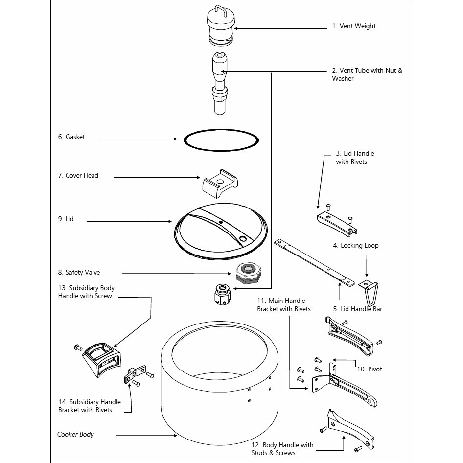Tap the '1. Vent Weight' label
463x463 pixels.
(x=354, y=26)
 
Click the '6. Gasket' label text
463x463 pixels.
(x=71, y=137)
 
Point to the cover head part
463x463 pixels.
(x=220, y=184)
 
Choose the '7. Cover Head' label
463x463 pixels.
(x=78, y=175)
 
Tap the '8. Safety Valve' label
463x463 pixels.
(x=79, y=272)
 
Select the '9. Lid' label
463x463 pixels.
(x=66, y=219)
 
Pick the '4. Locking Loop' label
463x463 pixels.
(x=356, y=245)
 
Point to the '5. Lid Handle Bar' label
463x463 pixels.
(x=358, y=309)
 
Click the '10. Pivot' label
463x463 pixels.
(x=370, y=369)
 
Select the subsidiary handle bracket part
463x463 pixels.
(x=135, y=374)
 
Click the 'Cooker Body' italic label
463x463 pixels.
(x=75, y=434)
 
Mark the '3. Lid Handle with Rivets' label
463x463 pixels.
(x=355, y=158)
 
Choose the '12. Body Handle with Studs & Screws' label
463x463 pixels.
(x=282, y=449)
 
